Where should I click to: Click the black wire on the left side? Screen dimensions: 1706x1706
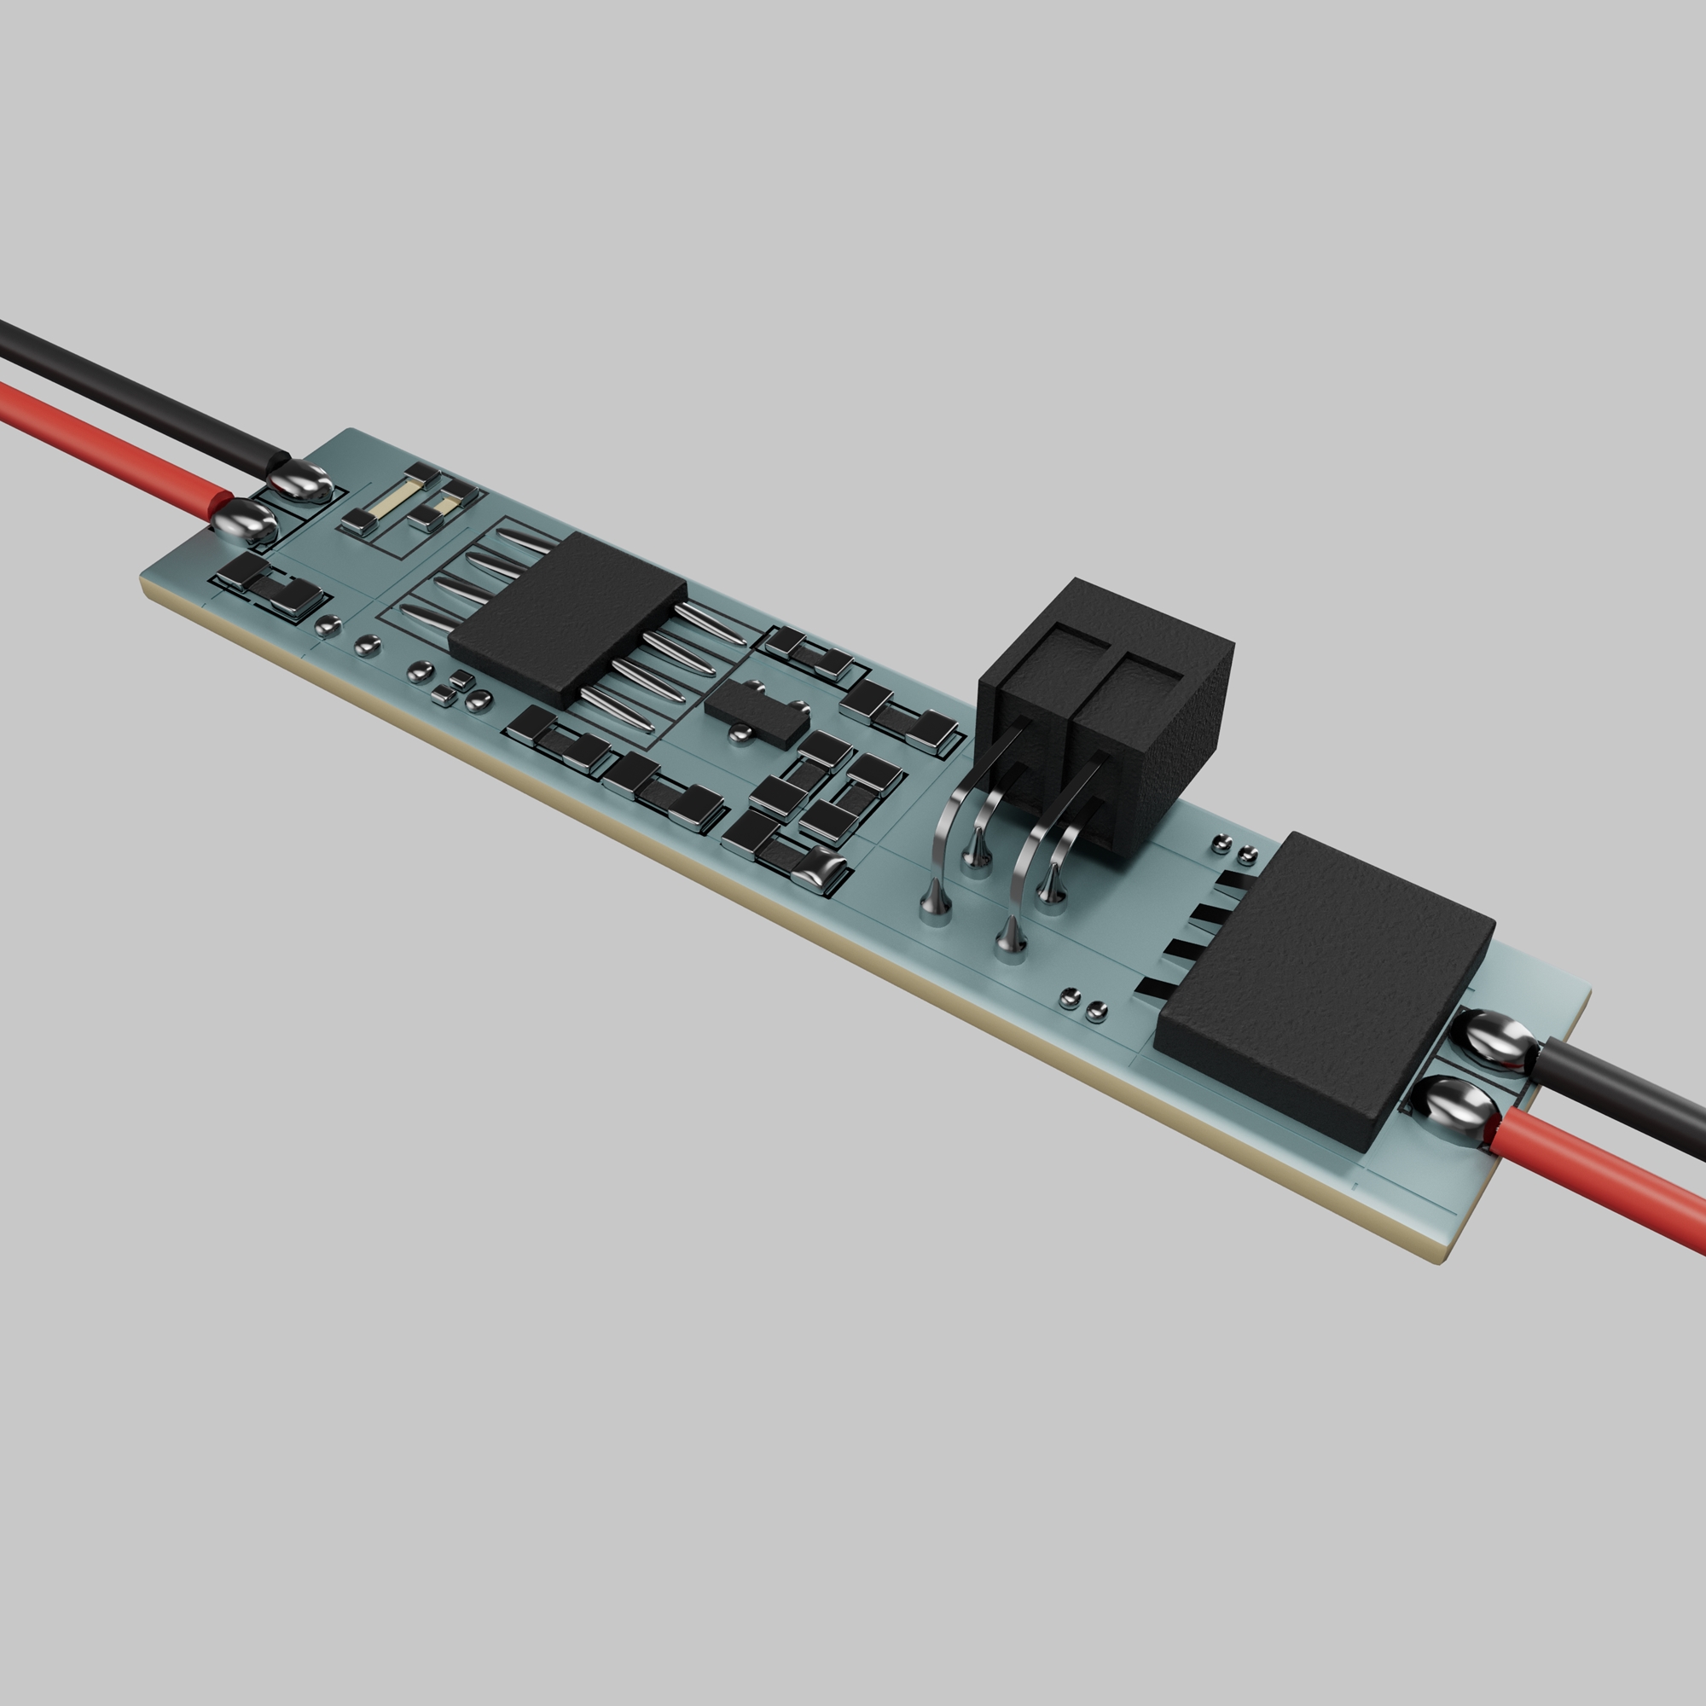point(132,388)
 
